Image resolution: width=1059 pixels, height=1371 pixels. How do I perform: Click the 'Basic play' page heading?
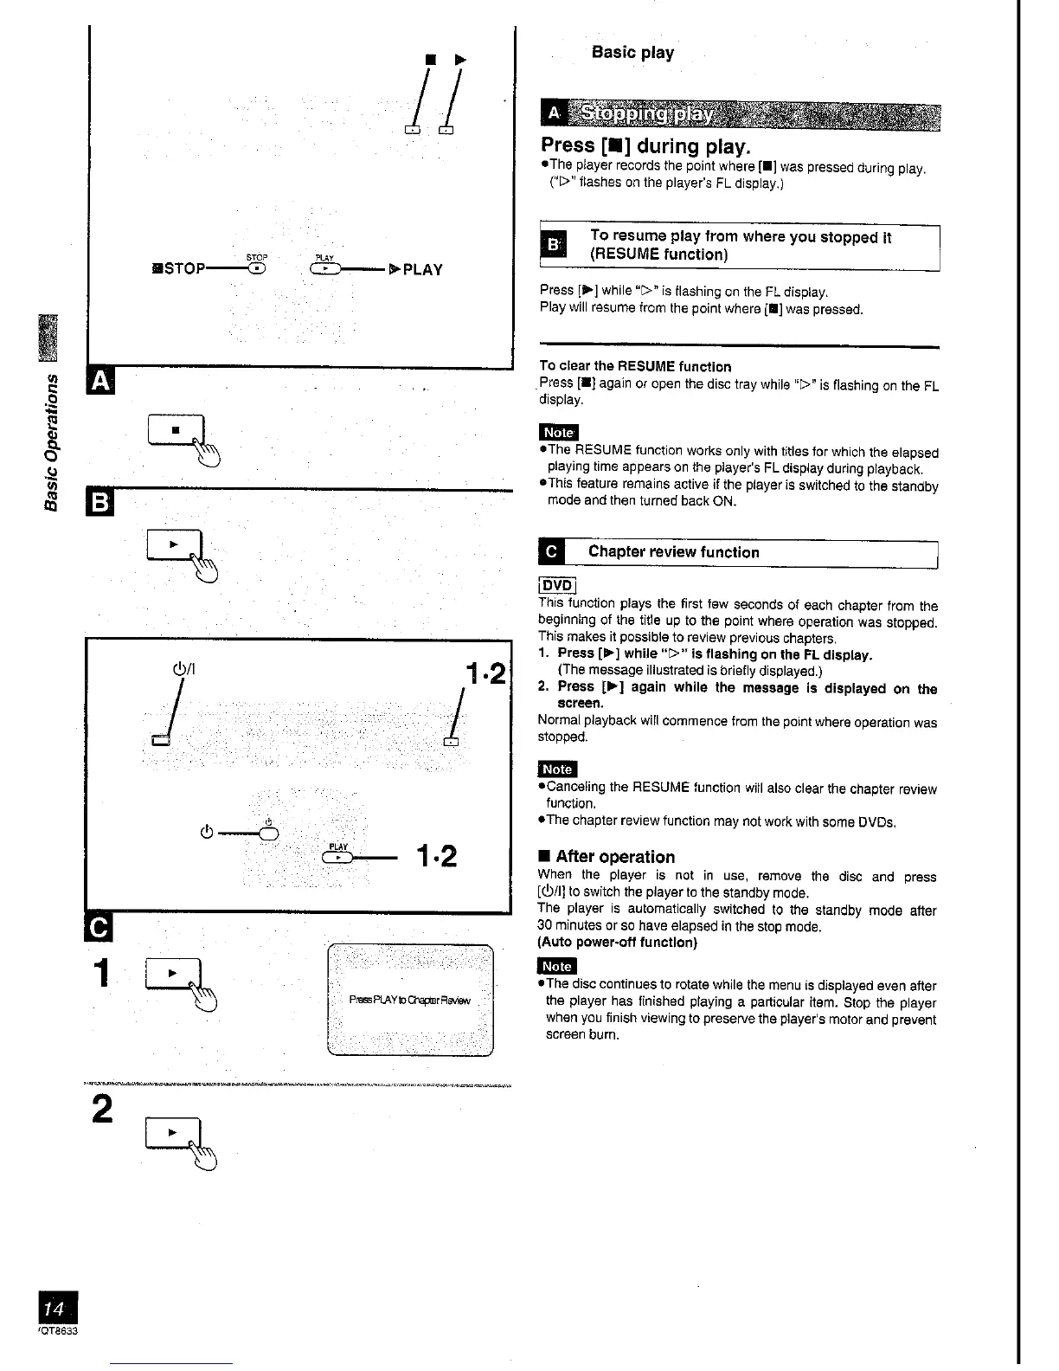click(632, 53)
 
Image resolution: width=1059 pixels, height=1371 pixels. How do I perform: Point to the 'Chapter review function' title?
click(673, 552)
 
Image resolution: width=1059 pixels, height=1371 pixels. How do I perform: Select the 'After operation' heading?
click(614, 857)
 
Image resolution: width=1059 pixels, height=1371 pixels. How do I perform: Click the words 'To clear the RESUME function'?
click(635, 366)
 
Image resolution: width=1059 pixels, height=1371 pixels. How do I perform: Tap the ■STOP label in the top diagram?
click(178, 268)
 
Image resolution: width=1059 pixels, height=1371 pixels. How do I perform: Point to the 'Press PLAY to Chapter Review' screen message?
click(409, 1001)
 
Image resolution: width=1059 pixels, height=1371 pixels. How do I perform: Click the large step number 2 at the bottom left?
click(103, 1109)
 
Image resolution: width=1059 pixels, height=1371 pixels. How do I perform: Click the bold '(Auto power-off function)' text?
click(617, 942)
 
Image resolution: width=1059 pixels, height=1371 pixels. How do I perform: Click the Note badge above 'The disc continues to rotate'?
click(556, 966)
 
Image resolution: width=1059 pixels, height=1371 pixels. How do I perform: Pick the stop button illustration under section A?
click(176, 429)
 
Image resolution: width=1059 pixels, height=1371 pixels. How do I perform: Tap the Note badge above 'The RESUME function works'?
click(558, 432)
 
